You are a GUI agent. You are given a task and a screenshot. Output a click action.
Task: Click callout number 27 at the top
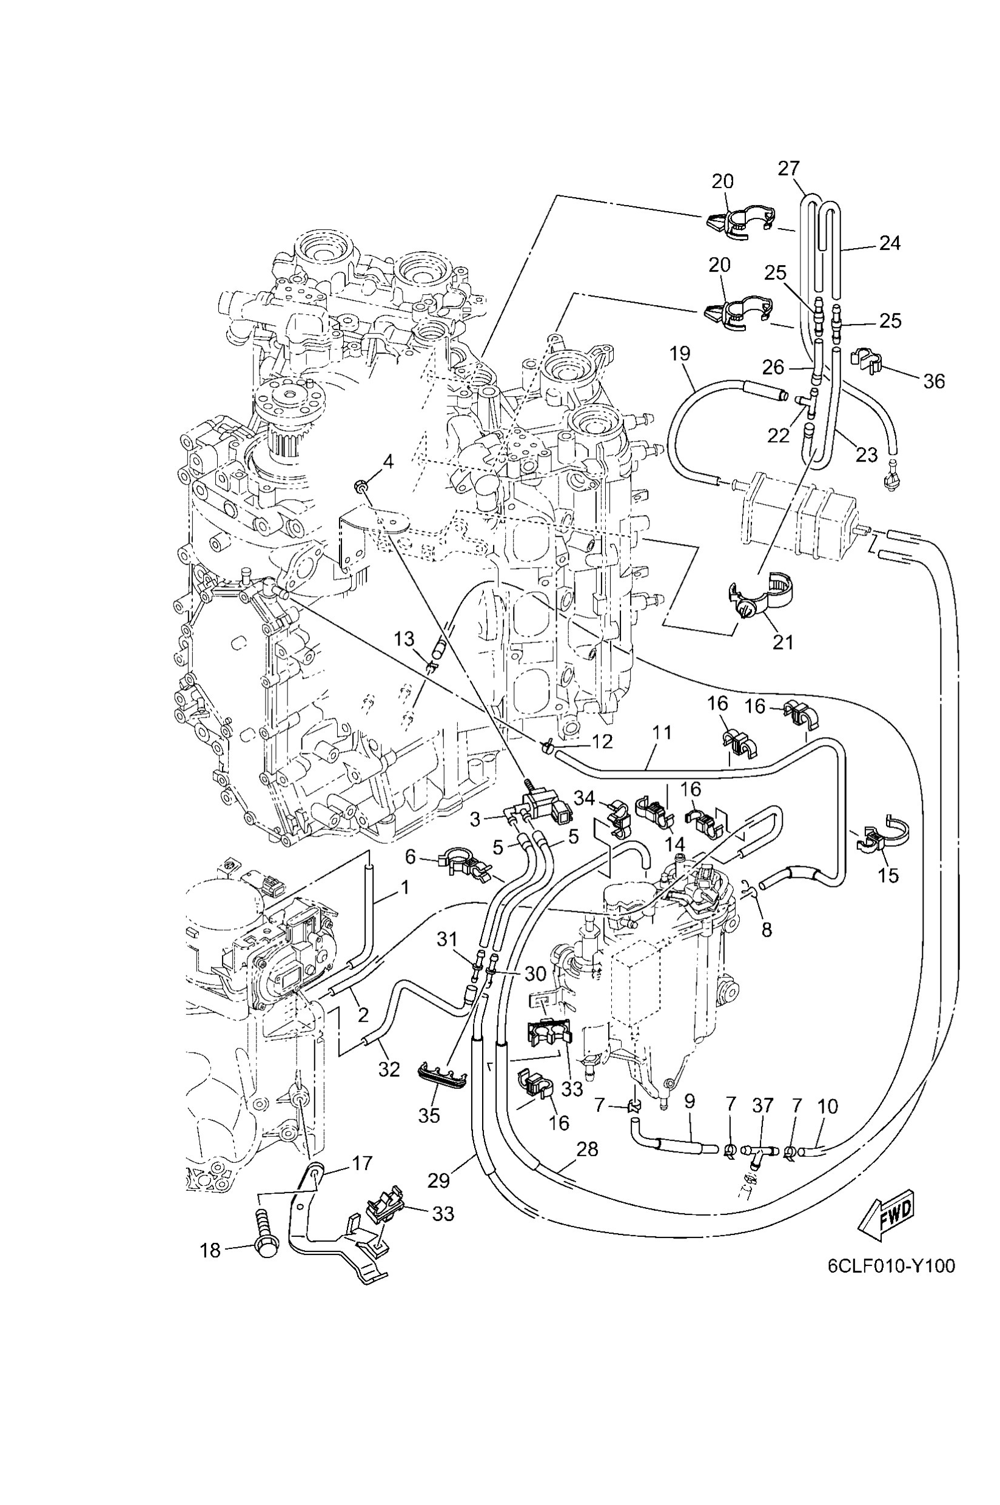click(788, 169)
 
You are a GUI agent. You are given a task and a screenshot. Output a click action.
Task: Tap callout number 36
click(934, 382)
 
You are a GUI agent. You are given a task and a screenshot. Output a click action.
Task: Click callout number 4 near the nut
click(388, 462)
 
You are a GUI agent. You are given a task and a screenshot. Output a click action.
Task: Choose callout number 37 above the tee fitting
click(763, 1106)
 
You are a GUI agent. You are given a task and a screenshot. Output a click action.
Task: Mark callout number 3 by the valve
click(474, 820)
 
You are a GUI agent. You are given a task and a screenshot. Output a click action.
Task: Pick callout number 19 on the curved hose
click(680, 354)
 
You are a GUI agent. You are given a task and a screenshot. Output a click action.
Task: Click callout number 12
click(602, 741)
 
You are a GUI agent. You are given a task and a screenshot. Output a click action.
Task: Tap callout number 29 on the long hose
click(439, 1180)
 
